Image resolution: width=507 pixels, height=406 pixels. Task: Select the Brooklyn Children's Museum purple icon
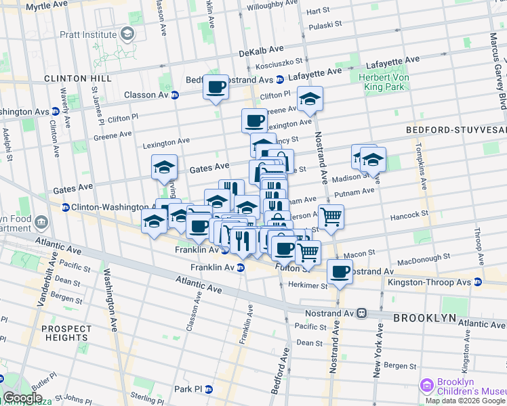pos(427,386)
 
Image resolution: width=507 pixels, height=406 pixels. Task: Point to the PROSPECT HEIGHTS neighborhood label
pos(66,333)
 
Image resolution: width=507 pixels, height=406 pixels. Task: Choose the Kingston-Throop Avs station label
pos(439,281)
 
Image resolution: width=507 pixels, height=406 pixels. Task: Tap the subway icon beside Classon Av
pos(174,95)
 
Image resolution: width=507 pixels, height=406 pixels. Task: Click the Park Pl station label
pos(192,389)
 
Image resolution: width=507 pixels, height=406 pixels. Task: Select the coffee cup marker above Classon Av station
pos(216,87)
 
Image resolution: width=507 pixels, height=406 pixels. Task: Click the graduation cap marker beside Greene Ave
pos(310,99)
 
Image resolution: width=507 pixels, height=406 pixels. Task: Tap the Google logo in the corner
pos(23,397)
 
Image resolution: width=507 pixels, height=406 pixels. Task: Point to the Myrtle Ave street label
pos(47,6)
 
